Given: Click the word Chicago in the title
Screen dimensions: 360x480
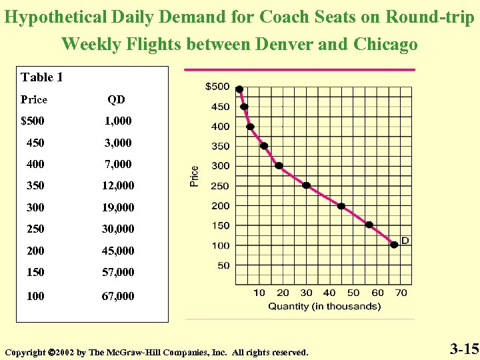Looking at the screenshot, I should [386, 45].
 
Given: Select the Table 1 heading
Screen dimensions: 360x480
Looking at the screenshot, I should [41, 77].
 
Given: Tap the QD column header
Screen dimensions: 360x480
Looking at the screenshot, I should [116, 100].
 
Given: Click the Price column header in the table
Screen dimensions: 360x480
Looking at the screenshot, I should [34, 100].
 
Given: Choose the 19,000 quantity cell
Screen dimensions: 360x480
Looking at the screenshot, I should [117, 207].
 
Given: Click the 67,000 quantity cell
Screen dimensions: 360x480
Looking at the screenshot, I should [117, 295].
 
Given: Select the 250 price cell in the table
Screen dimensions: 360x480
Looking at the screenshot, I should [35, 229].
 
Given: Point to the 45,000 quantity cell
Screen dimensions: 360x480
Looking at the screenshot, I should [117, 251].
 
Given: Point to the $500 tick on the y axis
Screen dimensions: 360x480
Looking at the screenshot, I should [217, 87].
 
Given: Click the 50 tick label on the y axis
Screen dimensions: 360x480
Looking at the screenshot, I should [223, 265].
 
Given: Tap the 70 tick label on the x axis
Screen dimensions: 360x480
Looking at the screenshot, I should [401, 293].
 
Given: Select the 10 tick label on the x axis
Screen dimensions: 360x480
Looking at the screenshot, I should [259, 293].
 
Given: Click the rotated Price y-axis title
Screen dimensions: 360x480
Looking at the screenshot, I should [195, 176].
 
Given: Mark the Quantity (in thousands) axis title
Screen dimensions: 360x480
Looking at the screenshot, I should [324, 307].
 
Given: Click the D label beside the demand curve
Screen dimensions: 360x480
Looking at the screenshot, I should [405, 240].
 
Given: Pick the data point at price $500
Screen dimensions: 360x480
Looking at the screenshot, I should [239, 89].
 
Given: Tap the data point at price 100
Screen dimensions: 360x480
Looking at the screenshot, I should [394, 245].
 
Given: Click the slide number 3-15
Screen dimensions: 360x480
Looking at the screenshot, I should [463, 348].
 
